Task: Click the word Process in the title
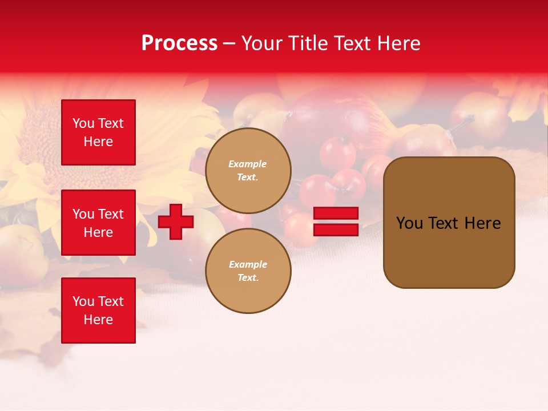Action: point(179,43)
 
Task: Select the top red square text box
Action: point(98,132)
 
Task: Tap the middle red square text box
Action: point(98,223)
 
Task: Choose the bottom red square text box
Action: point(98,311)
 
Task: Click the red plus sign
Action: point(176,221)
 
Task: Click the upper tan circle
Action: point(248,171)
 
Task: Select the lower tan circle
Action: point(248,271)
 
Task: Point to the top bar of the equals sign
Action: point(336,213)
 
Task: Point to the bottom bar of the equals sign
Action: point(336,230)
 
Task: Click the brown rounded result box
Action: point(449,223)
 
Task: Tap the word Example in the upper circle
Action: point(248,164)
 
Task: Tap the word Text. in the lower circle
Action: point(248,278)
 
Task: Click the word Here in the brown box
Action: point(482,223)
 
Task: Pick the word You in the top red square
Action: point(83,123)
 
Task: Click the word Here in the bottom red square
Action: point(98,320)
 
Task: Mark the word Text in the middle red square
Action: point(111,214)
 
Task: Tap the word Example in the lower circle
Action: point(248,264)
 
